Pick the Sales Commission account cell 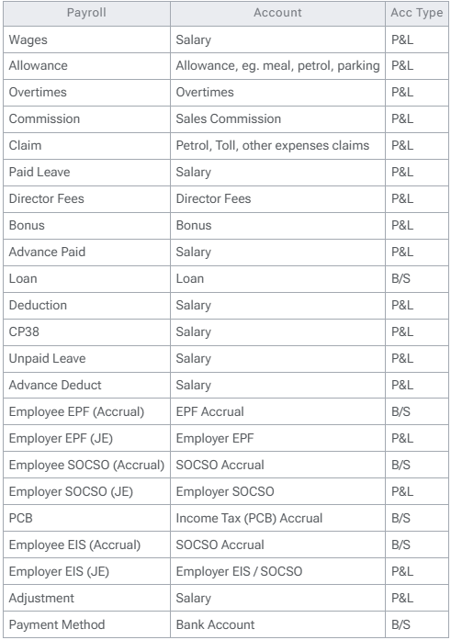click(x=229, y=118)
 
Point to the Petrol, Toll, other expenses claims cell click(x=272, y=144)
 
